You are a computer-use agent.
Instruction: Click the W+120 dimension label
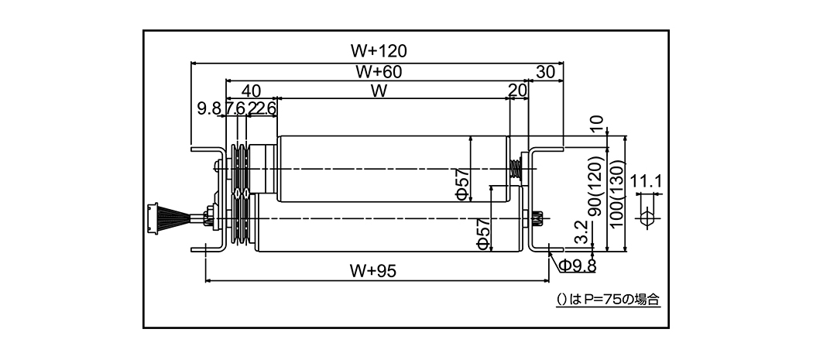click(x=378, y=51)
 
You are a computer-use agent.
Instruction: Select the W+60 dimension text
click(x=378, y=71)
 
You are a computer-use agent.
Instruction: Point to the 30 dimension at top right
click(x=545, y=72)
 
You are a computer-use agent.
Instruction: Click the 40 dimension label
click(x=251, y=90)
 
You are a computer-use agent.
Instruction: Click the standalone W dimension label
click(x=378, y=91)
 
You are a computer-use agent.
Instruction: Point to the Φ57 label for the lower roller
click(x=482, y=233)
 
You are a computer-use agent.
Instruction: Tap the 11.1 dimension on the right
click(x=646, y=183)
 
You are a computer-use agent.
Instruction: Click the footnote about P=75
click(x=609, y=298)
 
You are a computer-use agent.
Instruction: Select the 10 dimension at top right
click(x=596, y=124)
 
